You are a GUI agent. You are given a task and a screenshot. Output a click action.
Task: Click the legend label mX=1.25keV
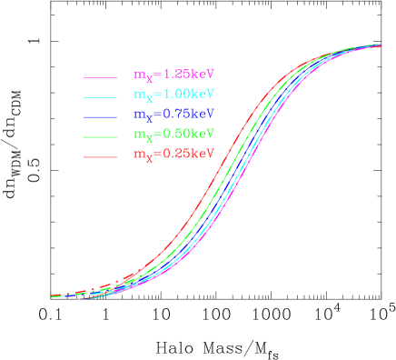[x=173, y=75]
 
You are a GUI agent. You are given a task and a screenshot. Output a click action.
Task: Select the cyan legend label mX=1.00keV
[x=173, y=95]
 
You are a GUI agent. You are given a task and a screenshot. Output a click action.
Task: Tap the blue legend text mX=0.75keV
[x=173, y=115]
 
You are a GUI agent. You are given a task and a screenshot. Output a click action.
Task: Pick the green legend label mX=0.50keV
[x=173, y=135]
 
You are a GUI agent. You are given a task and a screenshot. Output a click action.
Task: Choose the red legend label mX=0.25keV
[x=173, y=155]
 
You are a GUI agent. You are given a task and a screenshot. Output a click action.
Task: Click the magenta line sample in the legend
[x=101, y=77]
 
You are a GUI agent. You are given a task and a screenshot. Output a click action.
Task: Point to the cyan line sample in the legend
[x=101, y=97]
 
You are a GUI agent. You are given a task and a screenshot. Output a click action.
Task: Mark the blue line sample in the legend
[x=101, y=117]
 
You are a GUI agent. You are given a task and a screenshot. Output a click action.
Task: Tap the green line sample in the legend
[x=101, y=137]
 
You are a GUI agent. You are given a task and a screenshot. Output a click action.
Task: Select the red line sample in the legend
[x=101, y=157]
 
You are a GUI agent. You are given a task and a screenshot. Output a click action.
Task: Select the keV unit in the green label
[x=202, y=134]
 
